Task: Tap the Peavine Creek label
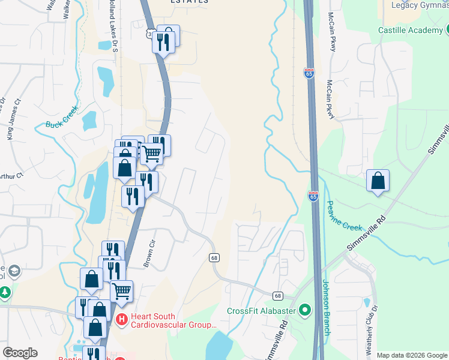(344, 215)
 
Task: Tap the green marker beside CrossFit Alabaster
(306, 311)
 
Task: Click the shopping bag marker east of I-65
(378, 181)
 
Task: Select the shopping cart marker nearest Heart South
(121, 291)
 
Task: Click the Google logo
(19, 353)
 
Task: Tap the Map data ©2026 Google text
(411, 355)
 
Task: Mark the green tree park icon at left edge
(5, 293)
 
